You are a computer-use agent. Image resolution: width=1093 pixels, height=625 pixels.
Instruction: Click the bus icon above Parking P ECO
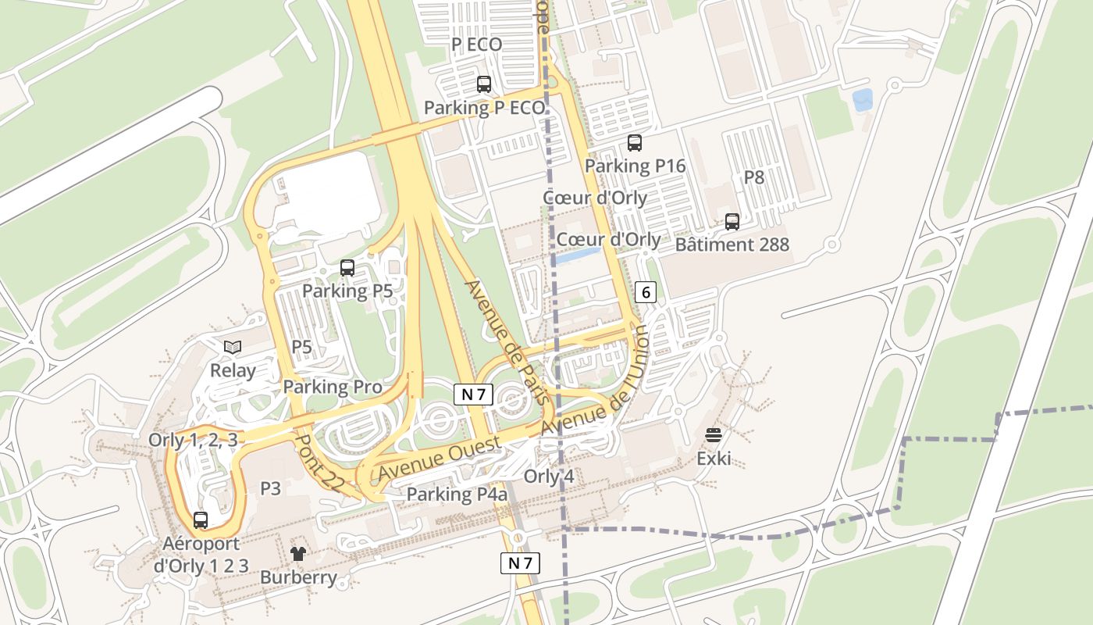(484, 84)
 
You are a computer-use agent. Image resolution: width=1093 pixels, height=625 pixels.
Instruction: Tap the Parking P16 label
(635, 166)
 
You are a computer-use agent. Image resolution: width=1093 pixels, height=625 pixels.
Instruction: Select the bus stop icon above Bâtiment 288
(732, 222)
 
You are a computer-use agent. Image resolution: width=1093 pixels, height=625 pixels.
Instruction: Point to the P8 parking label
(753, 177)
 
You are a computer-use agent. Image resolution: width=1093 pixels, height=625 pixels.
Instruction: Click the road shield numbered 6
(646, 292)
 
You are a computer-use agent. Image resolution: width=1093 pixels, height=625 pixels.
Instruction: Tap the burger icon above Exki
(714, 435)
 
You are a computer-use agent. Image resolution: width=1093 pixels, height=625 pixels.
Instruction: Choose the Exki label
(714, 458)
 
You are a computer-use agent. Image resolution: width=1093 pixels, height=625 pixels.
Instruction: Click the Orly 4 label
(549, 477)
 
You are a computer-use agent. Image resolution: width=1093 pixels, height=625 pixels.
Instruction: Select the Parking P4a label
(457, 495)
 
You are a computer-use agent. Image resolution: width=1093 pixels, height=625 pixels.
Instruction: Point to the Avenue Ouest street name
(440, 460)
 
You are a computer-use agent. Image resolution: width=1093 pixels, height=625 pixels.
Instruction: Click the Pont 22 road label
(318, 463)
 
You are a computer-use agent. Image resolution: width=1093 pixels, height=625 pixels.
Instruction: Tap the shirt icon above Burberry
(298, 554)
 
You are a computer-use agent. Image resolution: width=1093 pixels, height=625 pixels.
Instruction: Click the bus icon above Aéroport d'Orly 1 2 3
(201, 520)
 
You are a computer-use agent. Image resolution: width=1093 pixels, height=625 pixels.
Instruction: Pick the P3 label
(270, 488)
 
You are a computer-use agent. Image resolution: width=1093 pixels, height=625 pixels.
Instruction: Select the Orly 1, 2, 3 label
(193, 440)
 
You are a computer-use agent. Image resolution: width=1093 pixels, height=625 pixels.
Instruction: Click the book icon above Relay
(233, 347)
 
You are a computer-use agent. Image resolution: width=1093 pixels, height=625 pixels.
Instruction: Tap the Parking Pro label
(333, 387)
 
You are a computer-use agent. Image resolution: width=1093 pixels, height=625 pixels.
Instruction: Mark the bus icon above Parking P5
(347, 268)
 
